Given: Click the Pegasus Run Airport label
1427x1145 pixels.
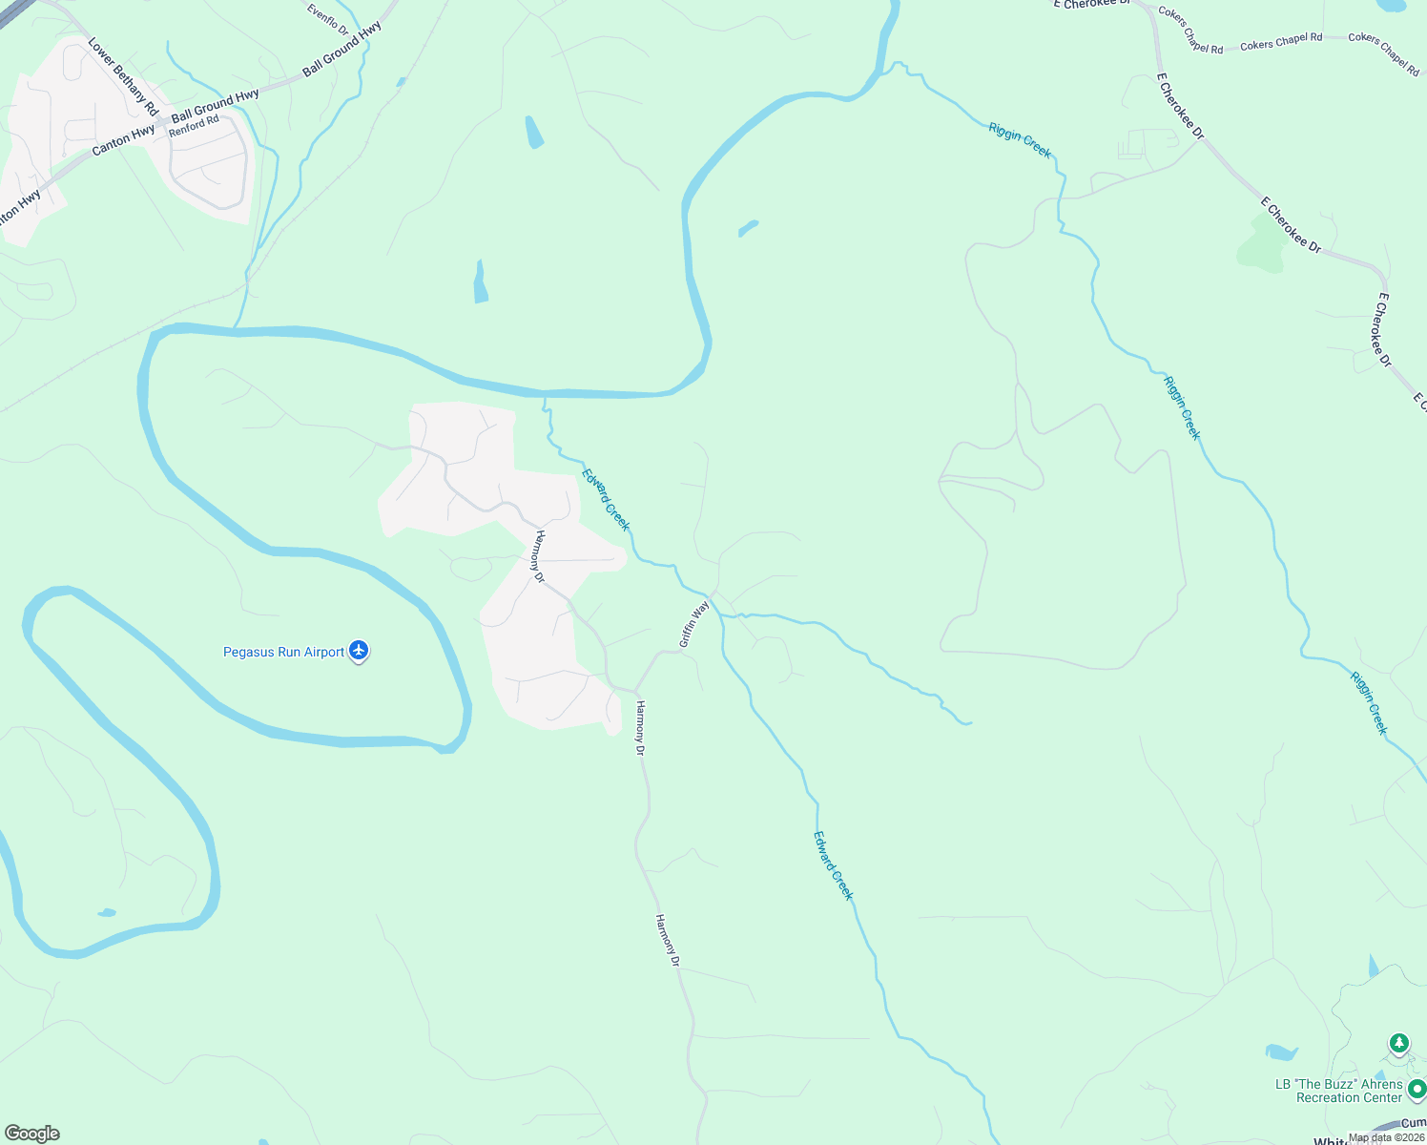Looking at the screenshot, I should (x=283, y=653).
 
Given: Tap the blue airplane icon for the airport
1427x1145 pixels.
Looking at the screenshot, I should (x=359, y=651).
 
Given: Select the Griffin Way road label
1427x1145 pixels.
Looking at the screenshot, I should (x=694, y=624).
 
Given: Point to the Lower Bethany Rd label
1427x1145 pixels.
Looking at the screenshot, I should (x=123, y=77).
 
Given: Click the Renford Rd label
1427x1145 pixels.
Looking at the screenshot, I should (x=195, y=125).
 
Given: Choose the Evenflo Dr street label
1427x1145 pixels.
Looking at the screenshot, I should (x=329, y=19).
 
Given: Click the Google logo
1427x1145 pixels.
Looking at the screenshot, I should (x=31, y=1134).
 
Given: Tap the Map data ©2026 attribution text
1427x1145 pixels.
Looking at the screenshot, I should (x=1386, y=1137).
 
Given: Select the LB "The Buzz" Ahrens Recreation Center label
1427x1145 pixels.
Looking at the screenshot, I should (x=1339, y=1091).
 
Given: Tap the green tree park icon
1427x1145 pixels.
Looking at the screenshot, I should (x=1399, y=1043).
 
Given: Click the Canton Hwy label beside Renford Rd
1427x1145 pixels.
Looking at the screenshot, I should (x=123, y=141).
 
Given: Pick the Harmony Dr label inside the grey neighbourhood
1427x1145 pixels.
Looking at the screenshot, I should (x=539, y=556).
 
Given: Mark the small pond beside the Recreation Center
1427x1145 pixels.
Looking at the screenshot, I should (x=1281, y=1052).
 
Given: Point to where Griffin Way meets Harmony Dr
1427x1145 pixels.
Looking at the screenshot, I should (x=635, y=690).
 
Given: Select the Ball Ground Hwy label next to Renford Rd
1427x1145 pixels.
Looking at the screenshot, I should (x=215, y=104).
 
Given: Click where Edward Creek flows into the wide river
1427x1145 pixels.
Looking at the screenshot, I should (x=545, y=394).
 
